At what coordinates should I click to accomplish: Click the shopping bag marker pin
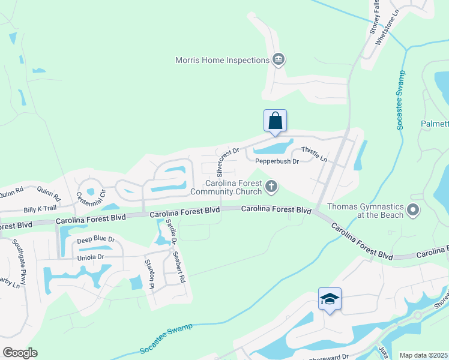coord(275,120)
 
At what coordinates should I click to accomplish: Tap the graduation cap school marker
coord(330,298)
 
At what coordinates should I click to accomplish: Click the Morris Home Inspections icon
coord(279,59)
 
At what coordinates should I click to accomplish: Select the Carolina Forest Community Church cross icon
coord(271,187)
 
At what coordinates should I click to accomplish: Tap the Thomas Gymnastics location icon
coord(413,210)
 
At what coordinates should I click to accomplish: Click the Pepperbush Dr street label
coord(277,161)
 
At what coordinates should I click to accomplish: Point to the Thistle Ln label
coord(314,154)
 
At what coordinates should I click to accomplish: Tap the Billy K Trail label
coord(40,209)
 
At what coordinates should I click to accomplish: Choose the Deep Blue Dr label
coord(96,239)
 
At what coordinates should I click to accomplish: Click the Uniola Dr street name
coord(91,257)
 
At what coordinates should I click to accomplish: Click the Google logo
coord(20,352)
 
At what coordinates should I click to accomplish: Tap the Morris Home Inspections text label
coord(222,60)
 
